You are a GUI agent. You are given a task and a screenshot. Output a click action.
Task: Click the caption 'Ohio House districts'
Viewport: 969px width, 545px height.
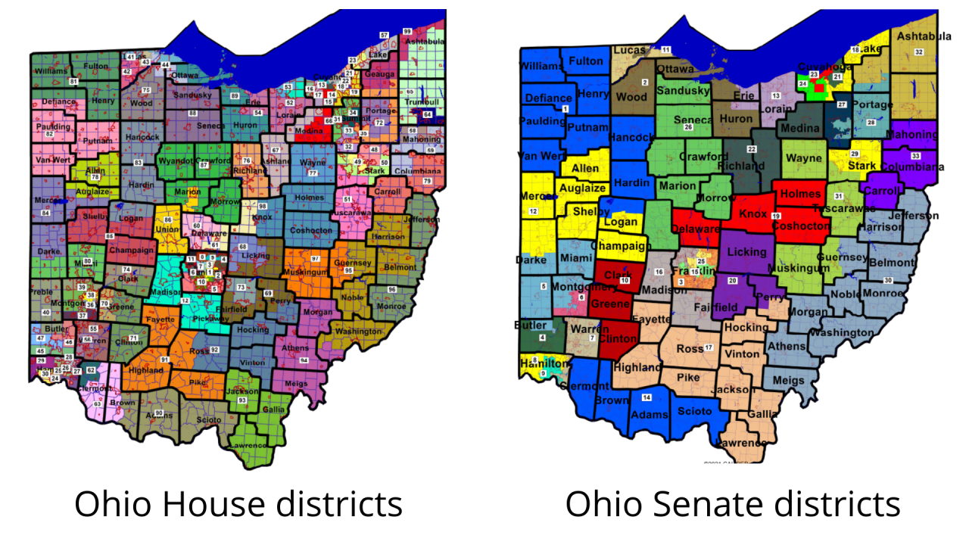238,504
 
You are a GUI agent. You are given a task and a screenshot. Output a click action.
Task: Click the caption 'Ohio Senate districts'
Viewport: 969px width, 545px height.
732,504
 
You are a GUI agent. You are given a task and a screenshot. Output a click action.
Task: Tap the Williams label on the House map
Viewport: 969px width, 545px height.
51,70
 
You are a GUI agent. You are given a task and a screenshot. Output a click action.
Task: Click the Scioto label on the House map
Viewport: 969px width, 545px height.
208,420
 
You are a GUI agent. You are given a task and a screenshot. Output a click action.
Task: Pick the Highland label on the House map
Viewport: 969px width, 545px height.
146,371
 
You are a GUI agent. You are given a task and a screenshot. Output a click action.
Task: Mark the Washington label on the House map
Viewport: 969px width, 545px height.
358,332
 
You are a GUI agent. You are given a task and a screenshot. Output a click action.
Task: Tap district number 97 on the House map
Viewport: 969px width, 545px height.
315,259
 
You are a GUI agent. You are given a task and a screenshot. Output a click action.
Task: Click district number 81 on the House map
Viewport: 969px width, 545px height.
73,81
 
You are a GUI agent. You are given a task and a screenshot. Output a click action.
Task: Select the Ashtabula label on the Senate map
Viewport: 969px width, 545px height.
923,36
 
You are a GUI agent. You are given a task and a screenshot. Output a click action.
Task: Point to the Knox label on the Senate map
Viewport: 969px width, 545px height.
752,214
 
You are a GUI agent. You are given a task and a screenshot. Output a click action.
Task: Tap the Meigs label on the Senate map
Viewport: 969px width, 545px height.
790,379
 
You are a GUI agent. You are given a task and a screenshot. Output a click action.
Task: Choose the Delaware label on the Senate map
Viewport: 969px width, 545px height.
694,229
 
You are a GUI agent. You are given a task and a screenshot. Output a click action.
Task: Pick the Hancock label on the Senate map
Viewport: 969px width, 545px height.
631,138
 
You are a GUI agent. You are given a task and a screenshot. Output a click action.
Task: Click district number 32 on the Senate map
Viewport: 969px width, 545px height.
919,51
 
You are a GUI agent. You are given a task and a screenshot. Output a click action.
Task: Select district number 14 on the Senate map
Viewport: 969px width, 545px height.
647,397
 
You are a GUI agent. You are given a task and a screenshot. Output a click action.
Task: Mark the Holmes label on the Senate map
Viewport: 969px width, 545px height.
799,194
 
